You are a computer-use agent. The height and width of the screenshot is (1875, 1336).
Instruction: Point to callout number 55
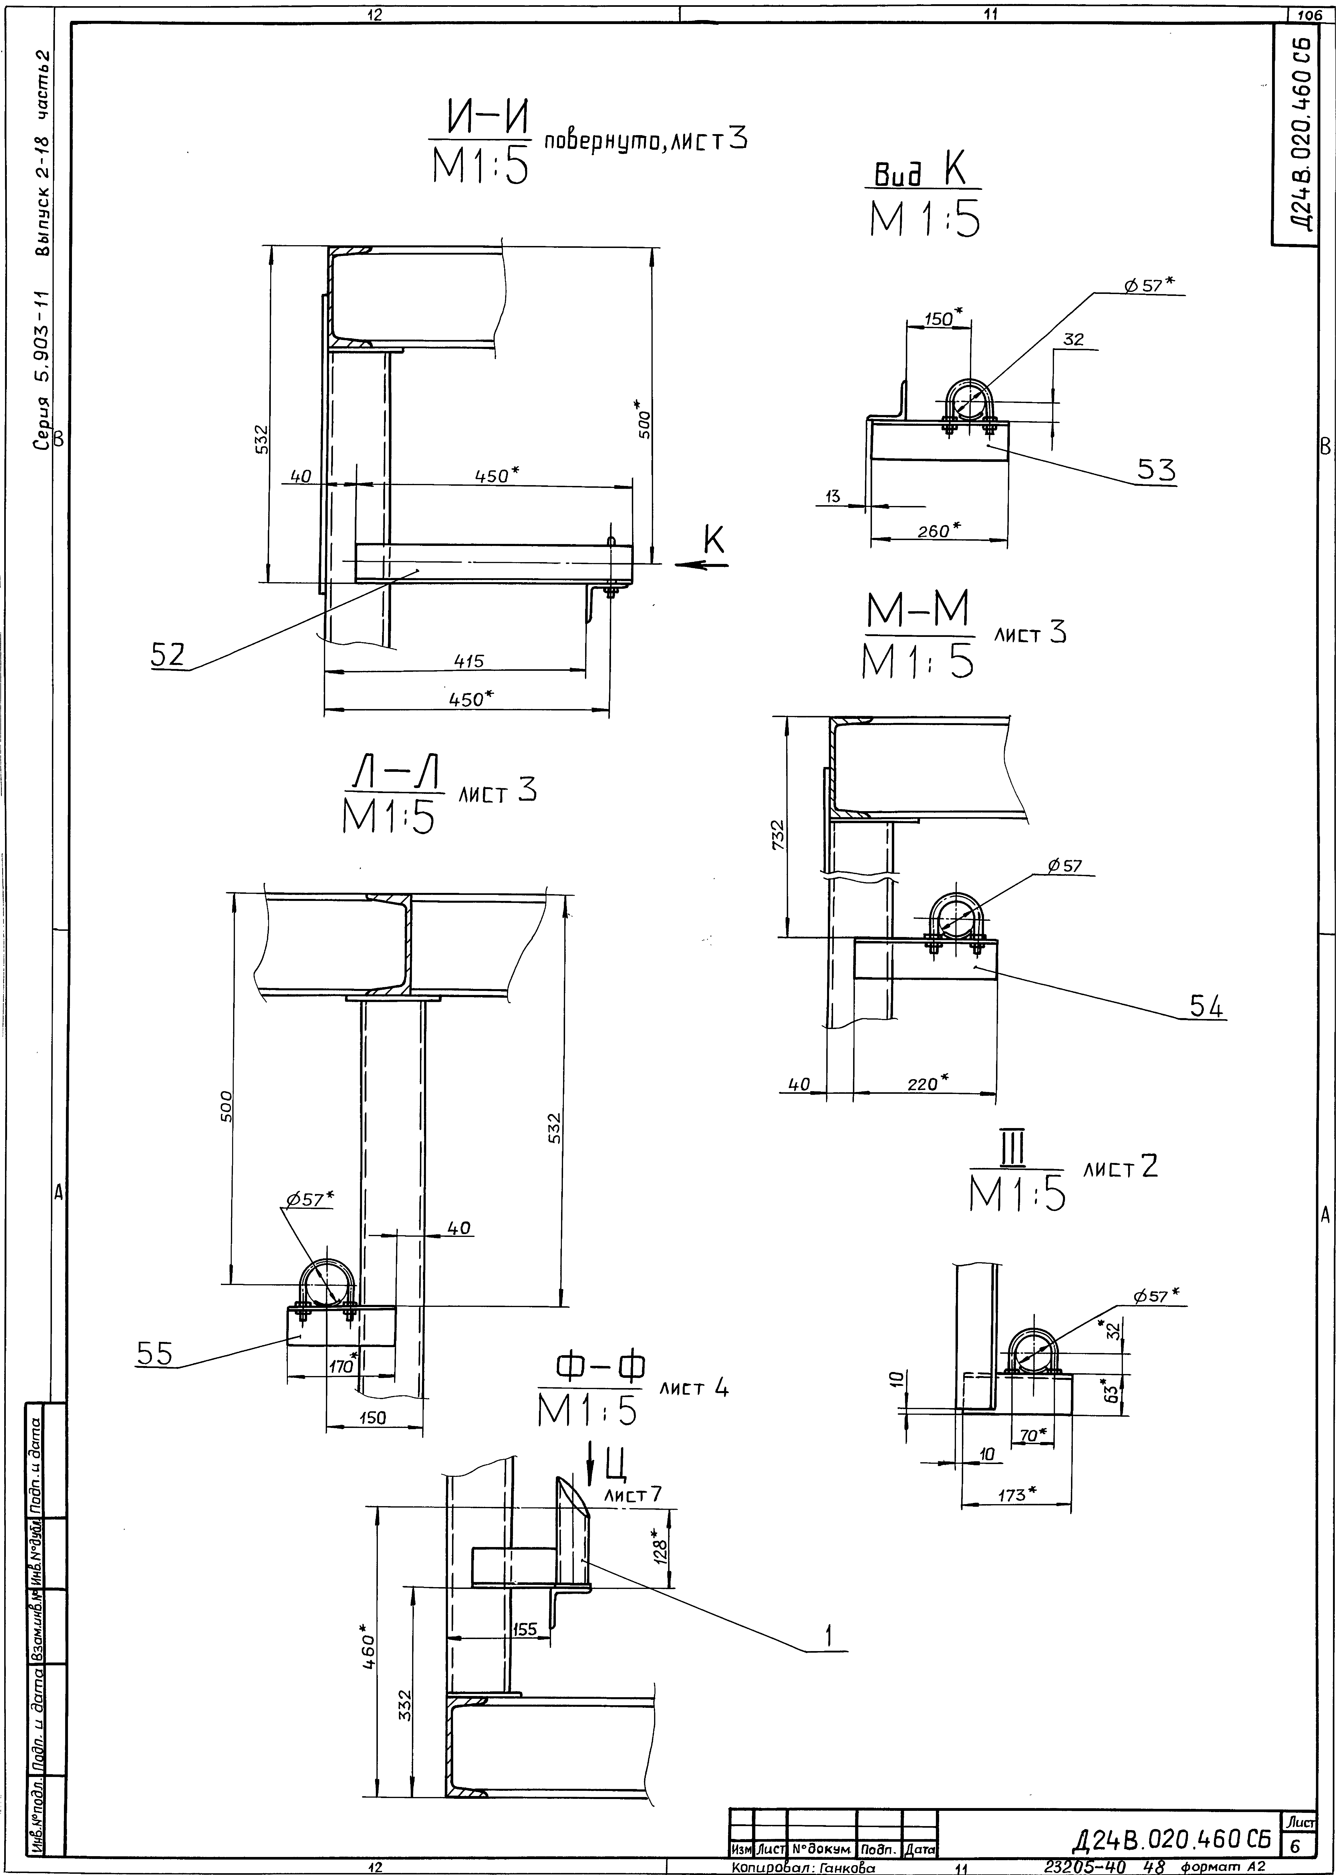click(x=155, y=1353)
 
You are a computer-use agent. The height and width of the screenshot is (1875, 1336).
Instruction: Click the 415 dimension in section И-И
click(x=469, y=661)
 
